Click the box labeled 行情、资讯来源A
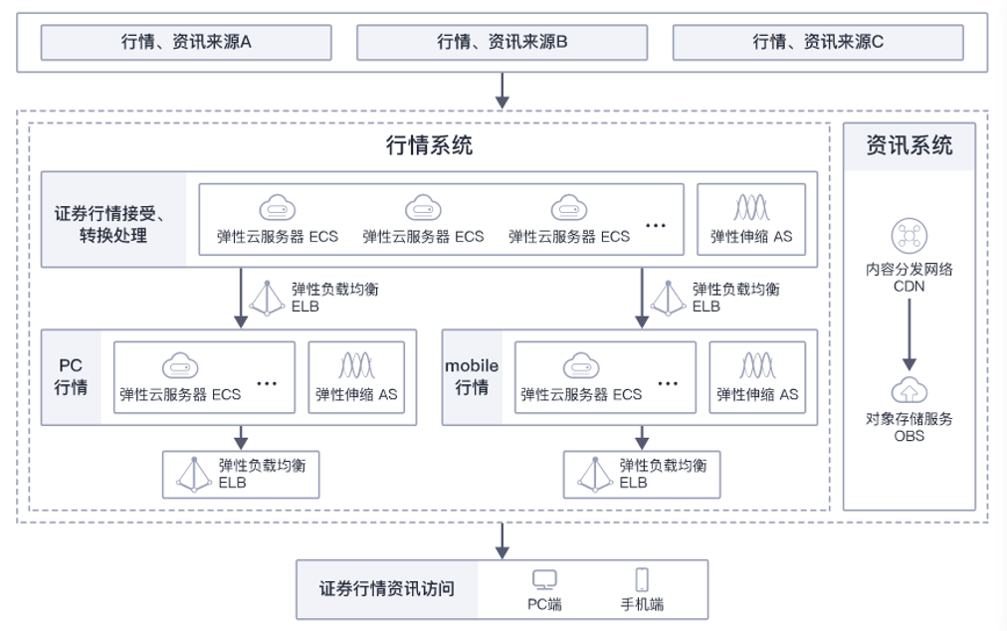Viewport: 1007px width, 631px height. point(186,42)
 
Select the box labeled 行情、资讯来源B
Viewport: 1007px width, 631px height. point(503,42)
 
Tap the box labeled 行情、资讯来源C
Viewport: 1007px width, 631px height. point(818,42)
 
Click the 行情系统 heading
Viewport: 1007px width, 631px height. point(429,146)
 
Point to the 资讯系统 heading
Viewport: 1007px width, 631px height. point(908,145)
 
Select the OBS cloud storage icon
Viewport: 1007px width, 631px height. point(908,390)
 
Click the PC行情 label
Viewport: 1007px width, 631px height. point(71,376)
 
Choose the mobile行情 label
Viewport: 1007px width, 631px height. point(472,376)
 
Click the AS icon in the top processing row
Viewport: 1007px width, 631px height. point(751,207)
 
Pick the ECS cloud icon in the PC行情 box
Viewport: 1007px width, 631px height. point(180,365)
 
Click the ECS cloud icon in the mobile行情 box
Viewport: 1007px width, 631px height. point(581,365)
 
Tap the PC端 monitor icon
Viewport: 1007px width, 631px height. point(543,579)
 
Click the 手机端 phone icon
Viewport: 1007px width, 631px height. point(642,579)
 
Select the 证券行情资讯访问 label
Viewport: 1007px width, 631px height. point(387,589)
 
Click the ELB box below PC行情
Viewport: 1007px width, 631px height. point(242,474)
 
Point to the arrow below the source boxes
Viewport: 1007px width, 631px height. point(503,90)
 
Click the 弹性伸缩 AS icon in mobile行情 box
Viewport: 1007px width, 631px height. point(757,365)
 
